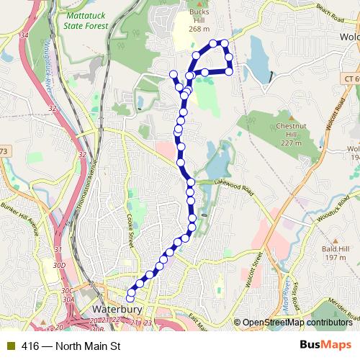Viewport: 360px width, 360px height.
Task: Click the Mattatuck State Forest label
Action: point(86,20)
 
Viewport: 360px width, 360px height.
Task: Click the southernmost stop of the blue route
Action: point(130,298)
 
